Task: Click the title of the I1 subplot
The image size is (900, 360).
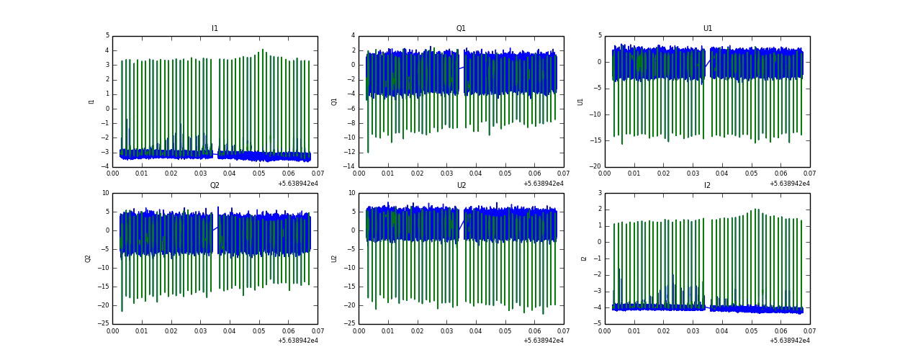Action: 215,29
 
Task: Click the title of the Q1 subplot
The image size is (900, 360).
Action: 461,29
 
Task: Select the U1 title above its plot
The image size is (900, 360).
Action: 708,29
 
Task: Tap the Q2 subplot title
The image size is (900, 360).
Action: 215,186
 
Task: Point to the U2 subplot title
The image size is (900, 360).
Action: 461,186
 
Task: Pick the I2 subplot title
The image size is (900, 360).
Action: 707,186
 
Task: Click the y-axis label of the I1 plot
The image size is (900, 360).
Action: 92,102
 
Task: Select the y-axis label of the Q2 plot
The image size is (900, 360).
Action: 89,258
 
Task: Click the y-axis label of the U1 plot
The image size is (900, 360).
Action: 580,102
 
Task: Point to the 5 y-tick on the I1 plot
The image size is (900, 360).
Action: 107,36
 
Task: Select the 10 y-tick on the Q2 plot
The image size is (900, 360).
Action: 105,193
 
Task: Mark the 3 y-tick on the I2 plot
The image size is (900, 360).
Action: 600,193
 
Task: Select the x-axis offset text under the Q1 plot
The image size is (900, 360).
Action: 543,184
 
